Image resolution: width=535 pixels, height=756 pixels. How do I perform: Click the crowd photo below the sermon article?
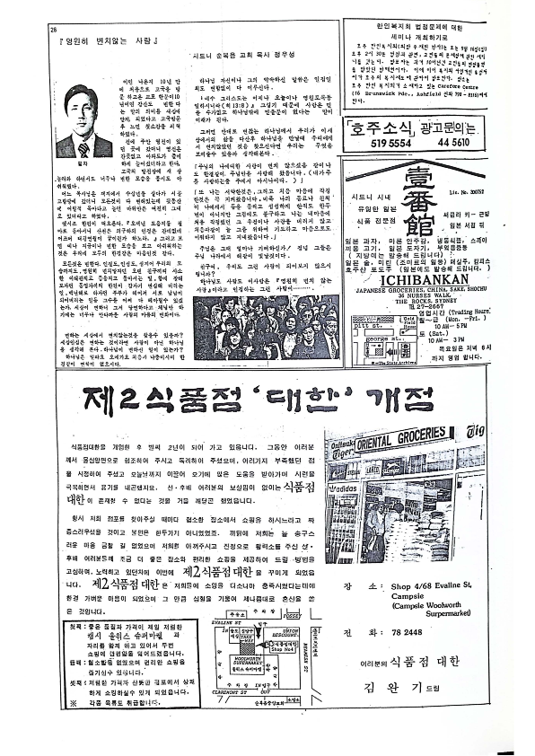[x=267, y=327]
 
